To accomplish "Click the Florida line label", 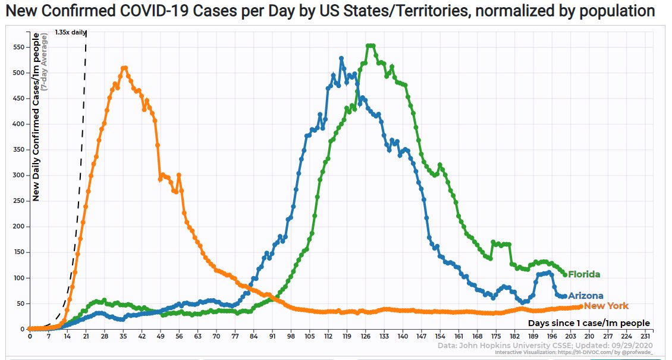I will coord(584,274).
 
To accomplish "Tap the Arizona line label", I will coord(586,296).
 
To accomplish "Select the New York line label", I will coord(606,306).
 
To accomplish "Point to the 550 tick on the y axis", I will coord(20,47).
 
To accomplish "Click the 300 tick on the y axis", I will coord(20,176).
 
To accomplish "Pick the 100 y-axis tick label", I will coord(20,278).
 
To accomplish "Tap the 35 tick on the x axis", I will coord(123,335).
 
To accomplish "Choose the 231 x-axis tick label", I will coord(645,335).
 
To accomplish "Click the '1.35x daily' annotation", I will coord(70,32).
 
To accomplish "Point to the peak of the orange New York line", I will coord(124,68).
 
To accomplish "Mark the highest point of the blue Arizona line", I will coord(341,58).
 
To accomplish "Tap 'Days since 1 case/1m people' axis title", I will coord(589,323).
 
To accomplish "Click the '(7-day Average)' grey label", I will coord(44,63).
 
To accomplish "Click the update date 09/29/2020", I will coord(632,345).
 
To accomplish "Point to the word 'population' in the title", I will coord(616,11).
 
